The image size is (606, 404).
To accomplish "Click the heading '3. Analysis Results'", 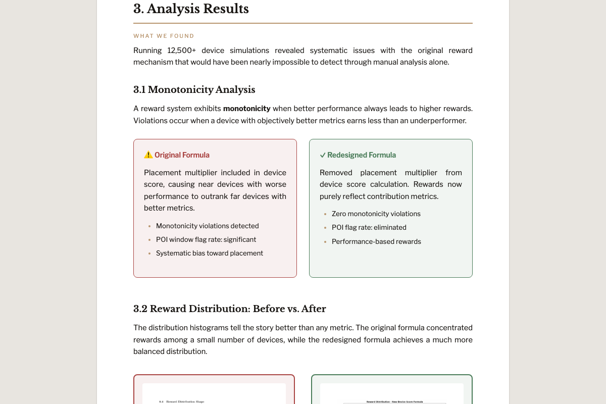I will click(x=191, y=9).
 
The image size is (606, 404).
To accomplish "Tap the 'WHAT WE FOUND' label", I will click(x=164, y=36).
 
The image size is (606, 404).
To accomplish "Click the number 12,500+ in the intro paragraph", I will click(x=181, y=50).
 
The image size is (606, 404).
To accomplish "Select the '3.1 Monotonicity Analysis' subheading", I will click(x=194, y=90).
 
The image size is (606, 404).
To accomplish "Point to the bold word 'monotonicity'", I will click(x=246, y=109).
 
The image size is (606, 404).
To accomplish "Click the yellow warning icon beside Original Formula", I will click(x=148, y=155).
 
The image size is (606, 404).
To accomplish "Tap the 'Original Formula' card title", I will click(x=182, y=155).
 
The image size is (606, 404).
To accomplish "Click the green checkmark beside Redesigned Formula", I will click(x=323, y=155).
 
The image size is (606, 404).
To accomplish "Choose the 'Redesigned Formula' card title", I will click(x=361, y=155).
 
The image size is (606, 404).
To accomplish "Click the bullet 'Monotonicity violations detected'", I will click(x=207, y=226).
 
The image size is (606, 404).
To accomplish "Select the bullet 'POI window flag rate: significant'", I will click(x=206, y=239).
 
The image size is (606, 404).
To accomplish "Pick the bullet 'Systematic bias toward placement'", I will click(x=209, y=253).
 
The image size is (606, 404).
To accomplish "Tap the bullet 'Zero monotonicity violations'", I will click(x=376, y=214).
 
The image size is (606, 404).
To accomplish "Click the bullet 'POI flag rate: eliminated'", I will click(x=369, y=227).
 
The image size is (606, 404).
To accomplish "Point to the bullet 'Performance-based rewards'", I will click(x=376, y=241).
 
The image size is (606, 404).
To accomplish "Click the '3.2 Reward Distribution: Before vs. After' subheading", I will click(x=229, y=309).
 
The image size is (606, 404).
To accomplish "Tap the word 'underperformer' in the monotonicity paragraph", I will click(x=437, y=121).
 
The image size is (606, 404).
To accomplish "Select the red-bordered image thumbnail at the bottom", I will click(x=214, y=391).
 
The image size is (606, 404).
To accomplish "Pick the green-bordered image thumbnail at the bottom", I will click(x=392, y=391).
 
